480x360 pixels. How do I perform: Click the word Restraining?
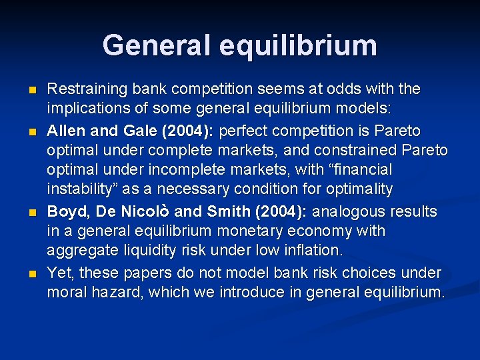point(89,89)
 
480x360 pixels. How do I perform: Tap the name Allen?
point(65,130)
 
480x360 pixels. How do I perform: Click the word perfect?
point(250,130)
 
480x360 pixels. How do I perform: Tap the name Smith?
point(228,212)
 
